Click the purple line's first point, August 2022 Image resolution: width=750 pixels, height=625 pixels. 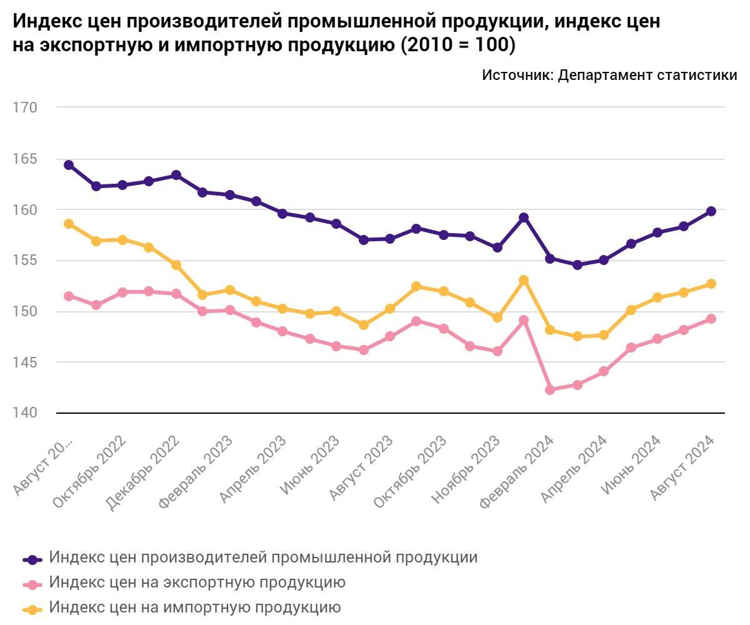coord(69,165)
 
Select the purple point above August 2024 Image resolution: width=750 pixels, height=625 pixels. coord(711,211)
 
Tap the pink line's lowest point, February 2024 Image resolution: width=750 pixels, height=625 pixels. coord(550,390)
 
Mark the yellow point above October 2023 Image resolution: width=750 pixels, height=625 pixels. coord(417,286)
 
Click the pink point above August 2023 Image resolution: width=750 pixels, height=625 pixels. coord(364,350)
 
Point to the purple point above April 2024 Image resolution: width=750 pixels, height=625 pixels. coord(604,260)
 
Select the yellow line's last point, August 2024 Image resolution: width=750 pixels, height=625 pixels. coord(711,284)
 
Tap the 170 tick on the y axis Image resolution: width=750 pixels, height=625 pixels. coord(25,107)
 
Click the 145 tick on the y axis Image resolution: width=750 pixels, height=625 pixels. coord(25,362)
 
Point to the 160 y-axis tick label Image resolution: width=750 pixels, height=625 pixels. coord(25,209)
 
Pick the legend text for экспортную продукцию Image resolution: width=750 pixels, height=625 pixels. coord(197,582)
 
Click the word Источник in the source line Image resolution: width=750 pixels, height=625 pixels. coord(516,75)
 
